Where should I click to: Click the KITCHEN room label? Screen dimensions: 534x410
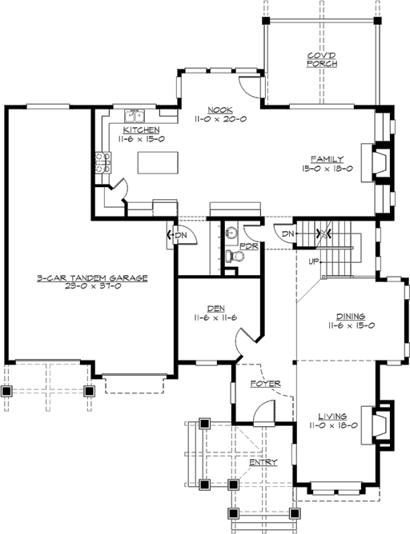141,130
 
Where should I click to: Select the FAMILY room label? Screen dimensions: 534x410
328,159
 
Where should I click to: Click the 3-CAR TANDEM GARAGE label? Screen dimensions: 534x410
91,277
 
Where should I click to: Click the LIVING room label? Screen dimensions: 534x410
332,416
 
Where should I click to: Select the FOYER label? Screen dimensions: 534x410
264,384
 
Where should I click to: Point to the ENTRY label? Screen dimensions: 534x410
263,463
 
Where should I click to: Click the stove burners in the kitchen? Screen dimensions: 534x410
102,162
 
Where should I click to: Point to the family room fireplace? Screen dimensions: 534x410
384,163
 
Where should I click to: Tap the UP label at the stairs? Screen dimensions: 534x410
315,261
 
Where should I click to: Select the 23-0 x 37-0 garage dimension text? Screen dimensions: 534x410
91,285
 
